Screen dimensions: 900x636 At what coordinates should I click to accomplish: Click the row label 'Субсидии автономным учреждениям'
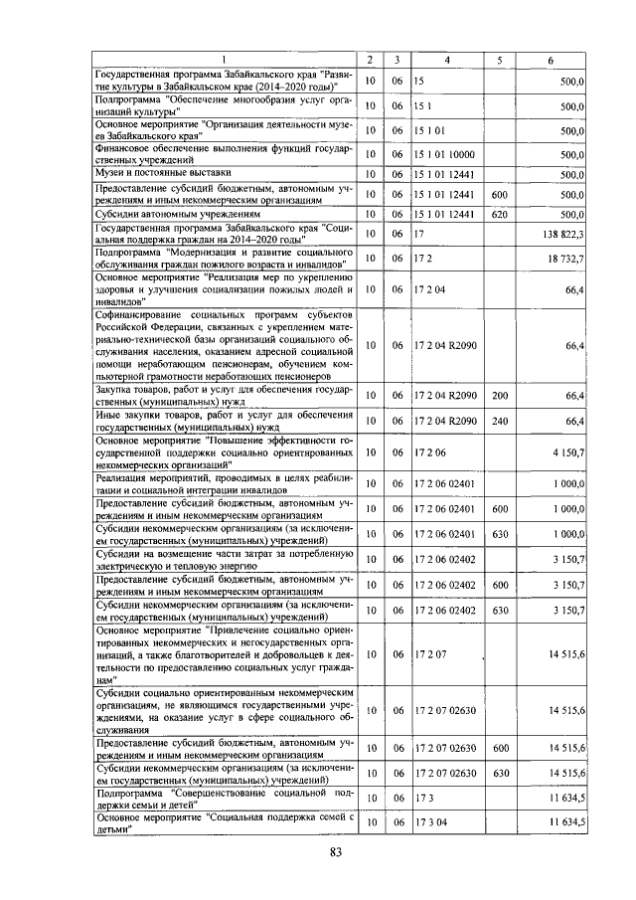point(177,213)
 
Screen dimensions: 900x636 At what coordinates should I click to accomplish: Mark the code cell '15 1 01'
point(428,129)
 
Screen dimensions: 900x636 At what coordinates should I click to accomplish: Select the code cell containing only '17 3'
point(422,798)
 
